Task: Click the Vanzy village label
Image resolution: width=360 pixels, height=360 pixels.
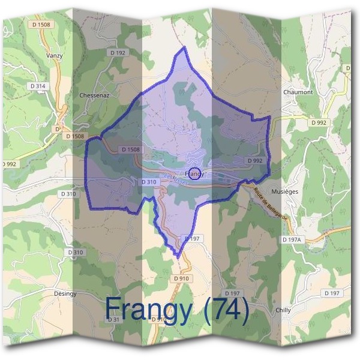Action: pyautogui.click(x=54, y=55)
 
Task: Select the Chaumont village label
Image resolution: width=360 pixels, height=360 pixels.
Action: pyautogui.click(x=298, y=92)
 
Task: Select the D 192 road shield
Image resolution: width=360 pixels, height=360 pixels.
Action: pyautogui.click(x=118, y=53)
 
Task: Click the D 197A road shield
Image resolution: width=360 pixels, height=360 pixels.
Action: pyautogui.click(x=293, y=239)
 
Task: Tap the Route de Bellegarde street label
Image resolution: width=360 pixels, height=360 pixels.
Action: pyautogui.click(x=271, y=201)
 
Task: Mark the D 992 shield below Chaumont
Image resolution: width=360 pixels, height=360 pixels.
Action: pyautogui.click(x=319, y=122)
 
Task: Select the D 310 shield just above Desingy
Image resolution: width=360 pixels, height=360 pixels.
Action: pyautogui.click(x=75, y=253)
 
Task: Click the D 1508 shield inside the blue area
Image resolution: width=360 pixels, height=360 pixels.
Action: pyautogui.click(x=130, y=149)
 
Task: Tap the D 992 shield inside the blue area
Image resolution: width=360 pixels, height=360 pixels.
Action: pyautogui.click(x=256, y=161)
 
